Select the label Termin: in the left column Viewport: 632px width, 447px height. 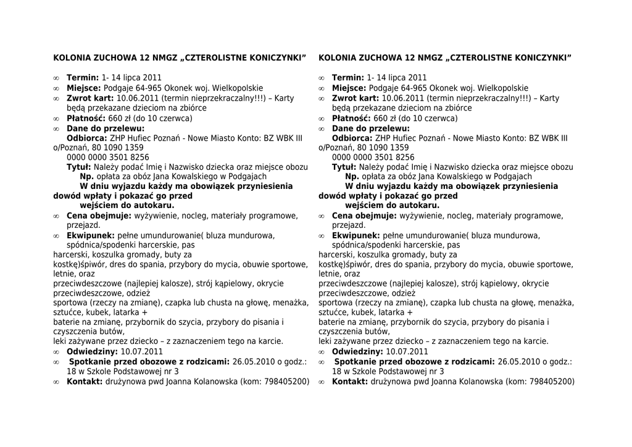(x=83, y=78)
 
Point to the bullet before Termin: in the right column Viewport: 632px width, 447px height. (x=322, y=78)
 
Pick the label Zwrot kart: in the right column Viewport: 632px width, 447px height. (x=355, y=98)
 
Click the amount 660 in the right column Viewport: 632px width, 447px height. (x=381, y=119)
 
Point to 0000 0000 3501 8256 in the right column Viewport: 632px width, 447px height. (x=373, y=157)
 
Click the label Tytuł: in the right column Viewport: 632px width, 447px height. (x=344, y=167)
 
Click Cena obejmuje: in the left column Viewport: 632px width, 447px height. (x=99, y=216)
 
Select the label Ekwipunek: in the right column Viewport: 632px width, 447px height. (x=356, y=236)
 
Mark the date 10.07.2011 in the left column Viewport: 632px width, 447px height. (x=141, y=352)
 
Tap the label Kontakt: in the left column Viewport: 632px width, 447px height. (x=85, y=382)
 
